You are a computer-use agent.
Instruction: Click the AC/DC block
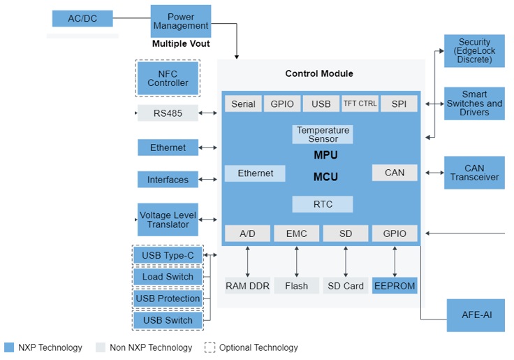[82, 18]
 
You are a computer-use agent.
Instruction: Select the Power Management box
[180, 21]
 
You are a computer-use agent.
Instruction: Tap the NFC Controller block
[168, 78]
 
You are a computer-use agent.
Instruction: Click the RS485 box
[168, 113]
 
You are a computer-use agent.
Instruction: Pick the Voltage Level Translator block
[168, 219]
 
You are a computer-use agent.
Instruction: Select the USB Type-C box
[168, 256]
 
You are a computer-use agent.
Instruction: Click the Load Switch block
[168, 277]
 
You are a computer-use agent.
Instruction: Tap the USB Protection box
[168, 298]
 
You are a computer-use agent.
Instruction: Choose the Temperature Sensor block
[322, 134]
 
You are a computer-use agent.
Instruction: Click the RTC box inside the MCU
[322, 204]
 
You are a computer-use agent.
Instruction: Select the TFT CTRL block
[360, 103]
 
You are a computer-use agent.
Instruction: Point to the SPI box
[399, 103]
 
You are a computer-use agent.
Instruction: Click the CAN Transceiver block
[474, 173]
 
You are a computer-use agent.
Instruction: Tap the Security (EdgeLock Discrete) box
[474, 51]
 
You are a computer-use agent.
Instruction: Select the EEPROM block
[395, 286]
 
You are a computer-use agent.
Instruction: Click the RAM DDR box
[247, 286]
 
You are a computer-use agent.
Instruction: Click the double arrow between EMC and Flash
[297, 260]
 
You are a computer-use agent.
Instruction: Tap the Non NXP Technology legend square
[101, 347]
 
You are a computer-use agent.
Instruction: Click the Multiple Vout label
[180, 44]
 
